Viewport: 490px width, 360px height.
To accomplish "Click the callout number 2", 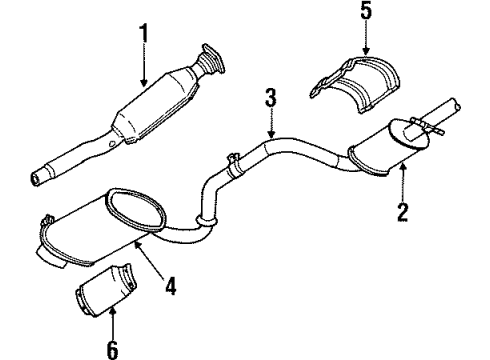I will [403, 211].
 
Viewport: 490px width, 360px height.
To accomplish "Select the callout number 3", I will [269, 98].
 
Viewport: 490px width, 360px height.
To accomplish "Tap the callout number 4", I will [171, 286].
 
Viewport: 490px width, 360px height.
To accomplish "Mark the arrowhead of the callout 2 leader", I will [402, 163].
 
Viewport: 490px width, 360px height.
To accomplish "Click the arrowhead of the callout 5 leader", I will [365, 54].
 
